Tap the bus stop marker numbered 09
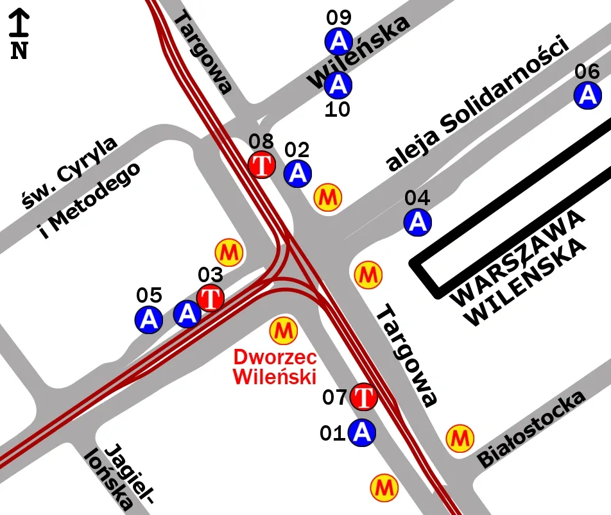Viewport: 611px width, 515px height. click(x=338, y=42)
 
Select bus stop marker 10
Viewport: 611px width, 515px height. click(x=338, y=84)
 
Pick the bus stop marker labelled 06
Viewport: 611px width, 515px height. click(x=587, y=96)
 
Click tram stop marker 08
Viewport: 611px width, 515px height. click(x=262, y=165)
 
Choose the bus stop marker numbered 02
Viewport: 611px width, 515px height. click(x=297, y=173)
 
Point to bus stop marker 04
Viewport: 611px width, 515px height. click(x=418, y=221)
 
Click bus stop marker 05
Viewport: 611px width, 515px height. click(x=148, y=319)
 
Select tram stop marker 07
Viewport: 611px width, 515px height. click(x=364, y=396)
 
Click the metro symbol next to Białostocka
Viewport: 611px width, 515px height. click(x=460, y=437)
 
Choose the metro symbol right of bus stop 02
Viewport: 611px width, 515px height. click(x=328, y=196)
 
